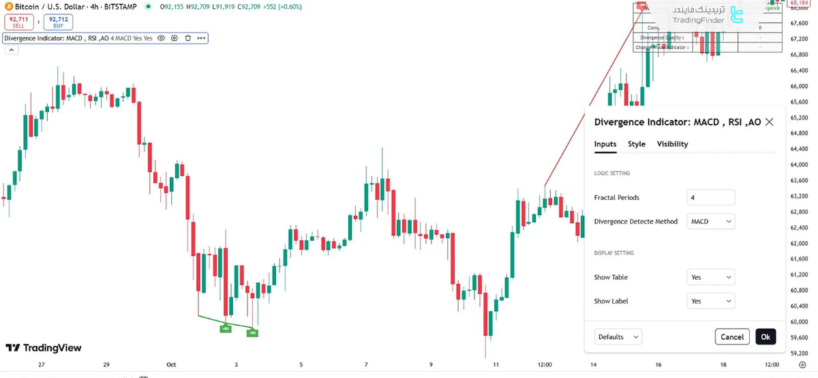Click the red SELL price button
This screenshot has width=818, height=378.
(18, 23)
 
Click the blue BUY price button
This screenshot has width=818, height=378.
(58, 23)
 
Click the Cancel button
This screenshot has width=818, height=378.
(732, 337)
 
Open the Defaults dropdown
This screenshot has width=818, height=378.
(618, 337)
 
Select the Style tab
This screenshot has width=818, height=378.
(637, 144)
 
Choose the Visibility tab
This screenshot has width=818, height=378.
(672, 144)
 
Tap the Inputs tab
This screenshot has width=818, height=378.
(605, 144)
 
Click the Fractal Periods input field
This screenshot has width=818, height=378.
(711, 198)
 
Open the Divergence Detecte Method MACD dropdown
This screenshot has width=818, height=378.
(711, 222)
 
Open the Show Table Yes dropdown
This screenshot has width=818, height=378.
(711, 278)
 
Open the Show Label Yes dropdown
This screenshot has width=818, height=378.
(711, 301)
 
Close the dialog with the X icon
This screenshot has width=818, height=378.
(770, 122)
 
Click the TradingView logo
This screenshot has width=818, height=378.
(44, 348)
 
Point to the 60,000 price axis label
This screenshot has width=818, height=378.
(799, 322)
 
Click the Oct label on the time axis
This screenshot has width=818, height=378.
(171, 365)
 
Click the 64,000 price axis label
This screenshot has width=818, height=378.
(799, 165)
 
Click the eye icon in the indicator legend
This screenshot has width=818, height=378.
(162, 38)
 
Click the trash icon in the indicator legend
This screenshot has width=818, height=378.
(188, 38)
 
